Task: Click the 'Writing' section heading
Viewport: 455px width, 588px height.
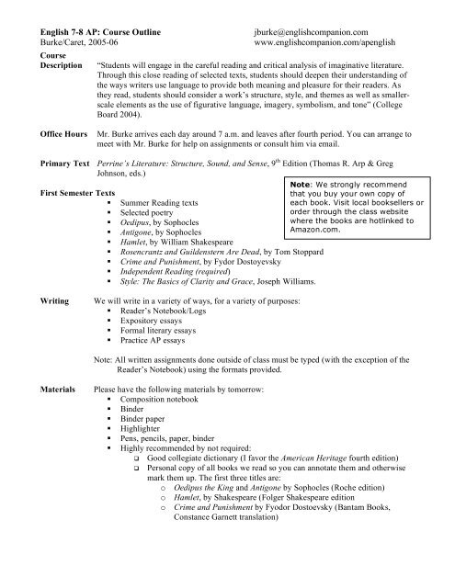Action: click(x=30, y=300)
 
